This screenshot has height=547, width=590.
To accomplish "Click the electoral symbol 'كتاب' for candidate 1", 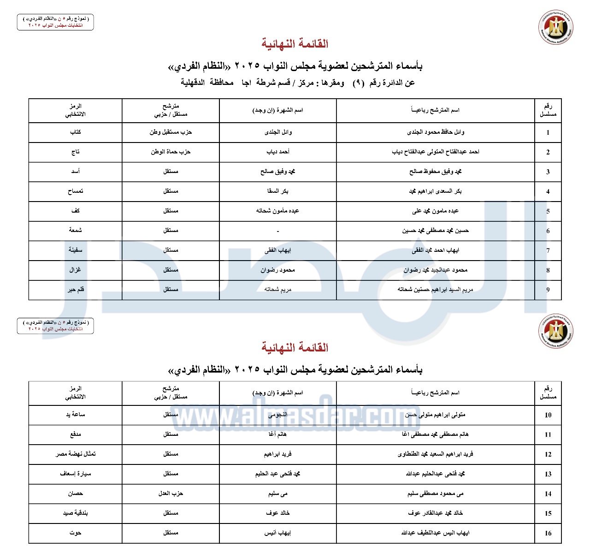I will (76, 132).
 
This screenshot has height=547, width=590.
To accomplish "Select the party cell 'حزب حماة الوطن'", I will (171, 152).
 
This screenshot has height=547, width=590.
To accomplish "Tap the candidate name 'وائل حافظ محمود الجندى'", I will (436, 132).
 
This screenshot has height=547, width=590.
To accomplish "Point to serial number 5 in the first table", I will (548, 211).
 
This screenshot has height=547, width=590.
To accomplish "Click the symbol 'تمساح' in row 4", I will (76, 191).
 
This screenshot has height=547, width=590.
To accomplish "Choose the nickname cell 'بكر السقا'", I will (277, 191).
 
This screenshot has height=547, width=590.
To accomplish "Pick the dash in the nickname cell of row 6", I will (277, 231).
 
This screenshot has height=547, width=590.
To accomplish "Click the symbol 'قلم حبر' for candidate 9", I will (76, 290).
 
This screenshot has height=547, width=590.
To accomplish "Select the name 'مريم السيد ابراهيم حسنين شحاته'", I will (436, 290).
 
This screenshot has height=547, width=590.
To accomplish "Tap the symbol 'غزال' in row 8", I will (76, 270).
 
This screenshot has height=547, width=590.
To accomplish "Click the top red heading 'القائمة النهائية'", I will (295, 44).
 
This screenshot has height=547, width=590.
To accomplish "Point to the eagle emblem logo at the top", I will (556, 28).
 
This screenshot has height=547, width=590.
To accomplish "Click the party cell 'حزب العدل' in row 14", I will (171, 493).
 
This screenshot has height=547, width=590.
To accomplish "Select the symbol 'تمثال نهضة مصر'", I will (76, 454).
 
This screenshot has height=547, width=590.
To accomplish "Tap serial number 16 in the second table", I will (548, 533).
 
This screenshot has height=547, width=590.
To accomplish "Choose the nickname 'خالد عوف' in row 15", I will (277, 513).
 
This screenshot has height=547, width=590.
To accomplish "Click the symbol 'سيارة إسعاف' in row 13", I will (76, 474).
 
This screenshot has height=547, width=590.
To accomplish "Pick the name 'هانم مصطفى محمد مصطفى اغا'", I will (436, 434).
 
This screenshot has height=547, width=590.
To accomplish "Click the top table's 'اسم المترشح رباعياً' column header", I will (436, 110).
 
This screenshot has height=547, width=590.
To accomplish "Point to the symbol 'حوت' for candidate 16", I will (76, 533).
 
